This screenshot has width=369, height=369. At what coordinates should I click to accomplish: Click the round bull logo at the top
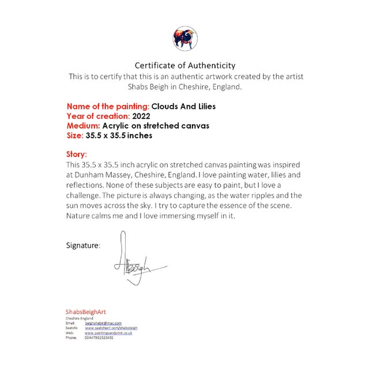(x=184, y=38)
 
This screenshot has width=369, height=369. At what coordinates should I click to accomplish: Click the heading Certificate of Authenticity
(x=184, y=66)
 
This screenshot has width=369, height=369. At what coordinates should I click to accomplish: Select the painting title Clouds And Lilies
(x=184, y=107)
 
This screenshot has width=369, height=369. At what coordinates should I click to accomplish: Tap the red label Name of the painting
(x=108, y=107)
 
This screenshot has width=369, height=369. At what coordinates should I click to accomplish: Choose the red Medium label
(x=84, y=126)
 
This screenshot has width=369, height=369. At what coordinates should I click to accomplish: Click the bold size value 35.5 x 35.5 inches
(x=120, y=135)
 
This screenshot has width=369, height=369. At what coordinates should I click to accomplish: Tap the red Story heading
(x=77, y=155)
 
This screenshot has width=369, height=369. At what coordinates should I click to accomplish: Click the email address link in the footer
(x=104, y=323)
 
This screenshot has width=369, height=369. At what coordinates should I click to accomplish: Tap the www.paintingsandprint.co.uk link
(x=109, y=333)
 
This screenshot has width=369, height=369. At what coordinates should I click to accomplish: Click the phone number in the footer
(x=99, y=337)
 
